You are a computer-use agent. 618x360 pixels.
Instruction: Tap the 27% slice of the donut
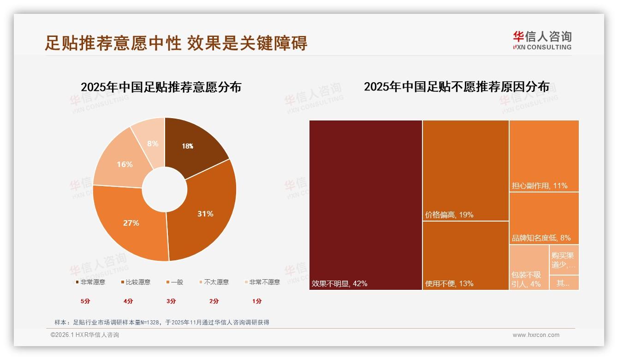click(x=131, y=222)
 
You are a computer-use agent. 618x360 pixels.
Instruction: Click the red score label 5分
click(x=85, y=301)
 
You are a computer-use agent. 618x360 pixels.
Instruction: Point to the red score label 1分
click(x=257, y=301)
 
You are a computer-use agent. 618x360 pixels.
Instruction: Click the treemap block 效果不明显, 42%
click(x=366, y=205)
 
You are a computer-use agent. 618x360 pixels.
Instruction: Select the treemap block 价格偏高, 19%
click(x=466, y=170)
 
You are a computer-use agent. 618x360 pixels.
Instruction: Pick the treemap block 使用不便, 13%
click(x=466, y=255)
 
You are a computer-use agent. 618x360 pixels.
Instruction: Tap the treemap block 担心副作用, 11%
click(x=544, y=156)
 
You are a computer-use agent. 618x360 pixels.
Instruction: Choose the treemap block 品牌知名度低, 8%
click(x=544, y=218)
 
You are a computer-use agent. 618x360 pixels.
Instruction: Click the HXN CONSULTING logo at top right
click(x=542, y=41)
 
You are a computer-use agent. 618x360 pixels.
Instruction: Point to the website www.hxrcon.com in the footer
click(x=536, y=335)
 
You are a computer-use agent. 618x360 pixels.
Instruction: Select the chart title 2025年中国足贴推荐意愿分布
click(x=161, y=87)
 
